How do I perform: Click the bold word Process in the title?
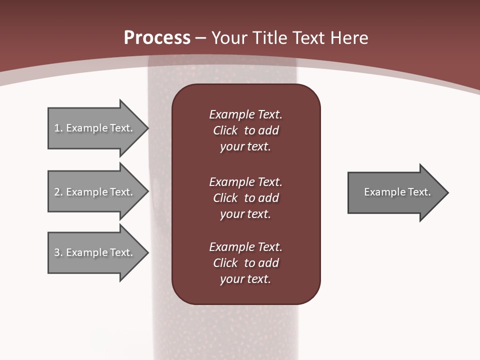click(157, 38)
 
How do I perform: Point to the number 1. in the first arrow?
click(58, 128)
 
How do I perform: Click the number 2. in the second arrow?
click(58, 192)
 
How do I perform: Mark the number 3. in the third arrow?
click(58, 252)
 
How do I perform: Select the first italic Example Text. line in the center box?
click(246, 114)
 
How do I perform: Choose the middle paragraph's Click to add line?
click(246, 198)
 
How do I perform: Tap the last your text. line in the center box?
click(245, 279)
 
